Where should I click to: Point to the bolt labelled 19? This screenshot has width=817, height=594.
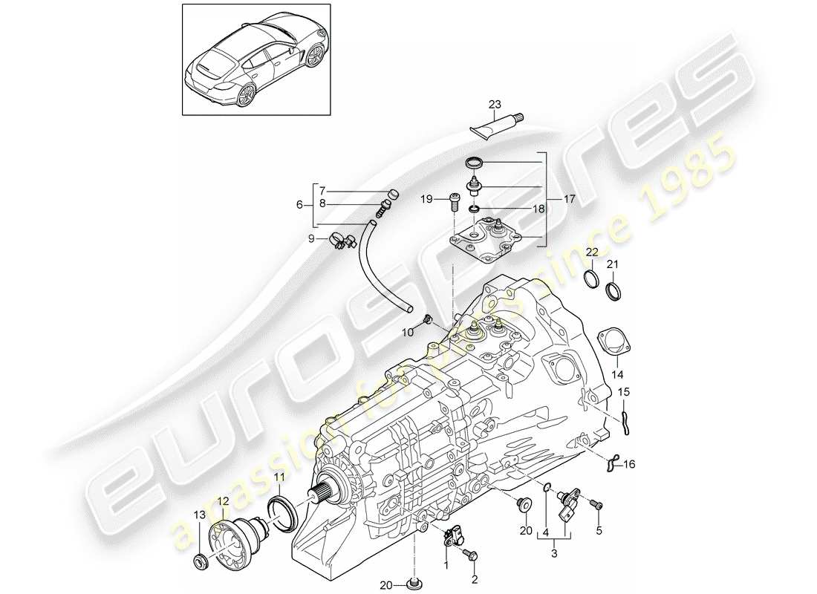[454, 200]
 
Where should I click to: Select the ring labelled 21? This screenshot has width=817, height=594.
[615, 291]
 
